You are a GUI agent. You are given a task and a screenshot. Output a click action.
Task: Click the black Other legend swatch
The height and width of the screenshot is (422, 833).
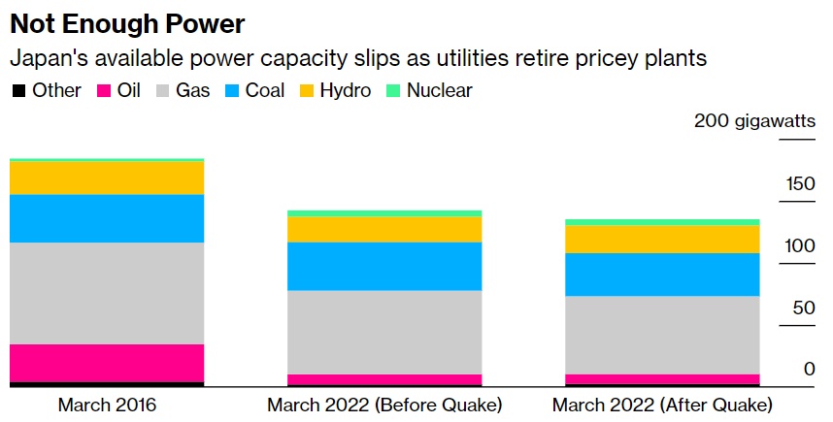[18, 91]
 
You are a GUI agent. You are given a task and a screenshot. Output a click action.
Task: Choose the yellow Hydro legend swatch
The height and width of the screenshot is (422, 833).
[306, 91]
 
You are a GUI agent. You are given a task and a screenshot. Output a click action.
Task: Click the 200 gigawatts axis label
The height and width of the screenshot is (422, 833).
[753, 121]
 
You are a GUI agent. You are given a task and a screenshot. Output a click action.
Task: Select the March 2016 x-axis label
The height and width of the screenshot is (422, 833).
[107, 405]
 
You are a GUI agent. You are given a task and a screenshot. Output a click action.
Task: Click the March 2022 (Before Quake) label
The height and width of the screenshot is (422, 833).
[384, 405]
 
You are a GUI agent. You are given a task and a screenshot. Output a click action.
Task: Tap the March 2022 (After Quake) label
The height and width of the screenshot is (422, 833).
[662, 405]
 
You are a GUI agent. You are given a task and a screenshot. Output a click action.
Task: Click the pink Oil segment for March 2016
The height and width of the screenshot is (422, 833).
[107, 363]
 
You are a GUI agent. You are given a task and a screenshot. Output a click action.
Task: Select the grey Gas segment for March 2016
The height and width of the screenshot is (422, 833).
[107, 293]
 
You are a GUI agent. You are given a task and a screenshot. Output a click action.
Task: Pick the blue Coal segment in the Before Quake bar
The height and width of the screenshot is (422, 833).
[384, 266]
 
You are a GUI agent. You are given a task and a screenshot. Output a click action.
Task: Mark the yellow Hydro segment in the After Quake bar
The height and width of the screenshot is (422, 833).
[662, 239]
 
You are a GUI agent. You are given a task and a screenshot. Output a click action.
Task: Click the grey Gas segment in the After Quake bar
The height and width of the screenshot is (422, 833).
[662, 335]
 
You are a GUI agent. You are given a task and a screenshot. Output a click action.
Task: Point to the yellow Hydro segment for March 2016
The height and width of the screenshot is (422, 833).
[107, 178]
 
